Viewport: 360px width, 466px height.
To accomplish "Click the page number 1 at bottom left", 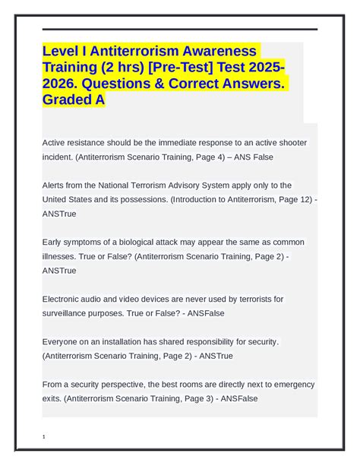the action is tap(46, 437).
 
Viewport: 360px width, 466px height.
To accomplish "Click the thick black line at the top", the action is tap(180, 29).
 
